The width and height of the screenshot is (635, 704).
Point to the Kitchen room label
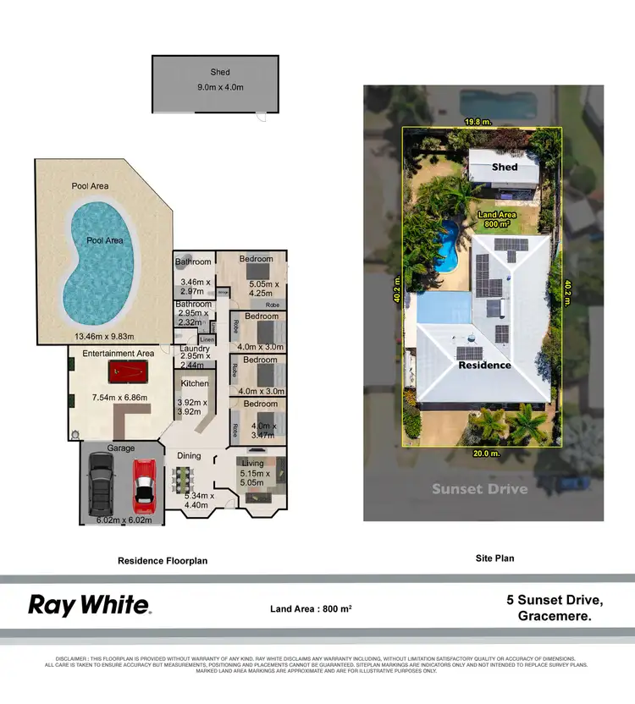[190, 384]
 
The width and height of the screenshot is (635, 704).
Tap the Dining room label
[189, 456]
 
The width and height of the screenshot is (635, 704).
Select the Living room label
[252, 464]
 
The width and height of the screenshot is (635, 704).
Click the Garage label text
[120, 448]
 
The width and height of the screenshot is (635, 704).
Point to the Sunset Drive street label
[479, 489]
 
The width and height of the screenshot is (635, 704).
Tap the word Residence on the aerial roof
[485, 366]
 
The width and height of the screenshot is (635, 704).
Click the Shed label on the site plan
[505, 168]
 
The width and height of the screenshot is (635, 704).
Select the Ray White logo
[90, 605]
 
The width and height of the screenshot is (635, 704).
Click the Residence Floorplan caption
[162, 560]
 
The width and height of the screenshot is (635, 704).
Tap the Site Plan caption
[494, 558]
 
